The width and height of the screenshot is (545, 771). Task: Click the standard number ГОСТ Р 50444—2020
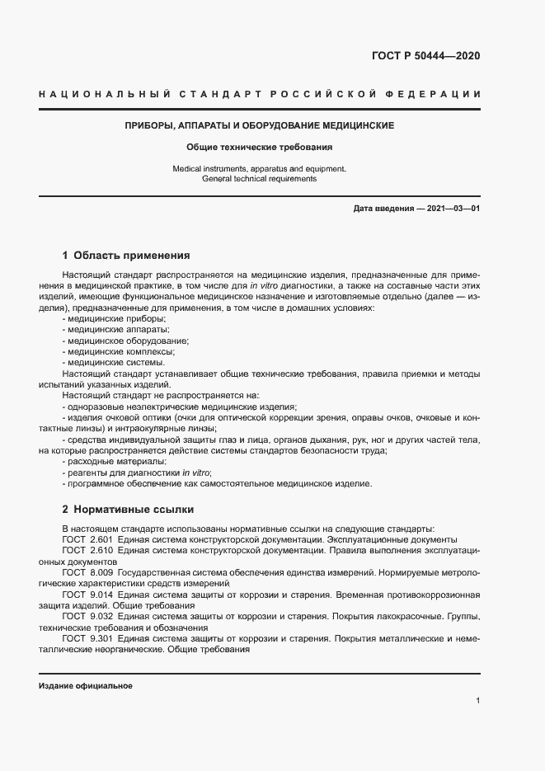426,56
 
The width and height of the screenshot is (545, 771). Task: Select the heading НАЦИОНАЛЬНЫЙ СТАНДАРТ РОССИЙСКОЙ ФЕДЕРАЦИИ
259,96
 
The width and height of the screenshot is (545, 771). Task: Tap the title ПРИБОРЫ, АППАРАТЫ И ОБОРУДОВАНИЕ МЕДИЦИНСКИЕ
259,125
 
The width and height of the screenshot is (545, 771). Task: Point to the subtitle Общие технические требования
259,148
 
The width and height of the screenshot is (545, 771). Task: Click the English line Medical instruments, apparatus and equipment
259,168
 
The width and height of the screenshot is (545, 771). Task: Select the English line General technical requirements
259,178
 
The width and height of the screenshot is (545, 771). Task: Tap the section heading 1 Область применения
126,256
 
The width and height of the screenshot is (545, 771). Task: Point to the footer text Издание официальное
86,686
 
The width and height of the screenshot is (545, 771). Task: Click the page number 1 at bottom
478,700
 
